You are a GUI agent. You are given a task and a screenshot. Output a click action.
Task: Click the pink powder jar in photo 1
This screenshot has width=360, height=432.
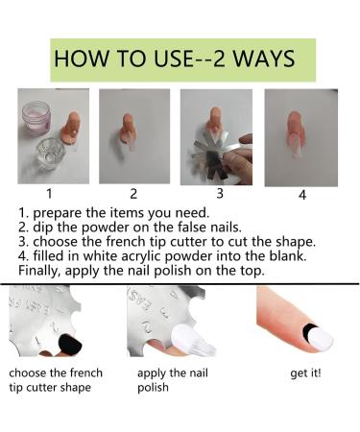pyautogui.click(x=36, y=117)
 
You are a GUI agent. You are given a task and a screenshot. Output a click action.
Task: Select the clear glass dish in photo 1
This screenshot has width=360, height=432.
pyautogui.click(x=51, y=154)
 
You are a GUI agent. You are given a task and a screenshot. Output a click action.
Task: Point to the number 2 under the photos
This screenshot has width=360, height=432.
pyautogui.click(x=133, y=194)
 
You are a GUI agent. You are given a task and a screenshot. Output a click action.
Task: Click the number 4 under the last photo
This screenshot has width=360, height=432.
pyautogui.click(x=302, y=195)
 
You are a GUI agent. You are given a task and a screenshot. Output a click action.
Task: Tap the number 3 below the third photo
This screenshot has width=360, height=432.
pyautogui.click(x=220, y=193)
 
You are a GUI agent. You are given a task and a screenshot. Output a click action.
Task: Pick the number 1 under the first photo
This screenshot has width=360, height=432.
pyautogui.click(x=49, y=194)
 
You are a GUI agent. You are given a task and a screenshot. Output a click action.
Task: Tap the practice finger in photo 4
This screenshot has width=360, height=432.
pyautogui.click(x=296, y=133)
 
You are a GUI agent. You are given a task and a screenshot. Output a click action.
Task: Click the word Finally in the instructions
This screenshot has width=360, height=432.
pyautogui.click(x=40, y=271)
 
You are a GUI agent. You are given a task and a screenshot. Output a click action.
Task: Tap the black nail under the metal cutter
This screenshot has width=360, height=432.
pyautogui.click(x=69, y=345)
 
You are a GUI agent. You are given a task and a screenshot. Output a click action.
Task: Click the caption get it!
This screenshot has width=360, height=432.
pyautogui.click(x=305, y=373)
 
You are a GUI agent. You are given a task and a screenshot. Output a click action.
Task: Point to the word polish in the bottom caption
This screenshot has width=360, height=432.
pyautogui.click(x=153, y=388)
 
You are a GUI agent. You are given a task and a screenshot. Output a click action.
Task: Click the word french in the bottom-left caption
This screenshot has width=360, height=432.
pyautogui.click(x=86, y=373)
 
